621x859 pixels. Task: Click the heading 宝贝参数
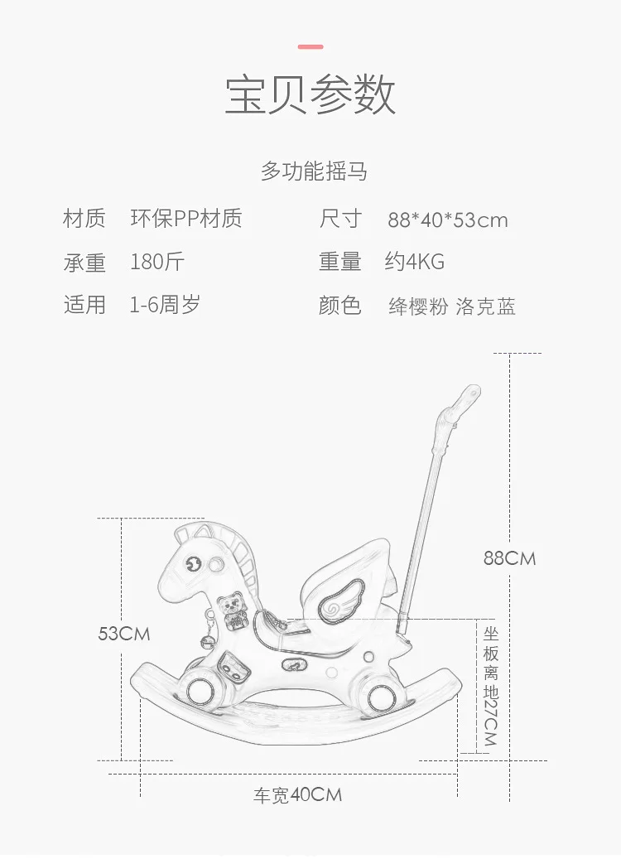pyautogui.click(x=310, y=94)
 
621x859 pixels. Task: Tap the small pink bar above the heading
pyautogui.click(x=310, y=46)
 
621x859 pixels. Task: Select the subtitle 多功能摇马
pyautogui.click(x=314, y=171)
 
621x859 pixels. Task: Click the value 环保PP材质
pyautogui.click(x=186, y=218)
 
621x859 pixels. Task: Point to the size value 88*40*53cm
pyautogui.click(x=448, y=220)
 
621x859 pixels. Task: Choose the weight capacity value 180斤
pyautogui.click(x=157, y=262)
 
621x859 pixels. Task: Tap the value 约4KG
pyautogui.click(x=415, y=262)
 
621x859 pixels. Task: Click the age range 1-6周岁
pyautogui.click(x=165, y=305)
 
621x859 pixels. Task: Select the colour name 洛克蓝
pyautogui.click(x=486, y=306)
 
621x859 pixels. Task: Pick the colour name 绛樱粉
pyautogui.click(x=418, y=306)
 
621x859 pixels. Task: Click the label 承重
pyautogui.click(x=84, y=263)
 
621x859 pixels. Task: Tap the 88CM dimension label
pyautogui.click(x=509, y=558)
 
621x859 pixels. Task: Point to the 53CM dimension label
pyautogui.click(x=123, y=634)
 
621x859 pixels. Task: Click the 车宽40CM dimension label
pyautogui.click(x=297, y=795)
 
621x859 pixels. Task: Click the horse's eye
pyautogui.click(x=193, y=564)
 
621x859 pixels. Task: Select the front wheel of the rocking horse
pyautogui.click(x=200, y=691)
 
